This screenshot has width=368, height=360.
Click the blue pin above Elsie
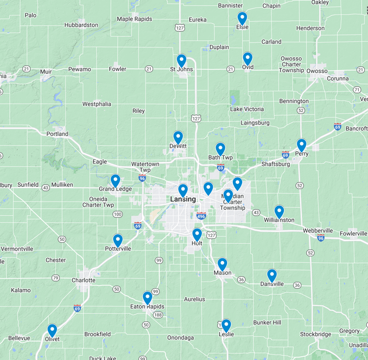pyautogui.click(x=242, y=18)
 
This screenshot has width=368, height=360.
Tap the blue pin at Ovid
pyautogui.click(x=247, y=58)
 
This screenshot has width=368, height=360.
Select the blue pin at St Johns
pyautogui.click(x=181, y=60)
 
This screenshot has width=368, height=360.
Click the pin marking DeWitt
pyautogui.click(x=178, y=137)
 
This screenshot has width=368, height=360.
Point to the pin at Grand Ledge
pyautogui.click(x=115, y=181)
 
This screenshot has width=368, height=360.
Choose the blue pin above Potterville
pyautogui.click(x=118, y=240)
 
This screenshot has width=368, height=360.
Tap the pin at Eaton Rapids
pyautogui.click(x=147, y=297)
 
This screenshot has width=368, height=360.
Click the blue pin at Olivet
pyautogui.click(x=52, y=330)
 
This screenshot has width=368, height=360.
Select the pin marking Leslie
pyautogui.click(x=226, y=325)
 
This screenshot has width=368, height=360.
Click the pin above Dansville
pyautogui.click(x=272, y=275)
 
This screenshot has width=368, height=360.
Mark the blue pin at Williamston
pyautogui.click(x=279, y=211)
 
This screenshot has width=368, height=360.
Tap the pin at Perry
pyautogui.click(x=301, y=145)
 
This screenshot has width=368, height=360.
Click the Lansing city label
pyautogui.click(x=183, y=199)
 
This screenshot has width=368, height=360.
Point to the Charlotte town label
pyautogui.click(x=83, y=281)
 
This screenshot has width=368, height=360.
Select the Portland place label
pyautogui.click(x=57, y=134)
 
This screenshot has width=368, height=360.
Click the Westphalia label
pyautogui.click(x=96, y=104)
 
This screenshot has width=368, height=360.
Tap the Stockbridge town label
pyautogui.click(x=315, y=334)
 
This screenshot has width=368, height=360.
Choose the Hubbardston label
pyautogui.click(x=81, y=25)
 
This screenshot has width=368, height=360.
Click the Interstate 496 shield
pyautogui.click(x=201, y=216)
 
